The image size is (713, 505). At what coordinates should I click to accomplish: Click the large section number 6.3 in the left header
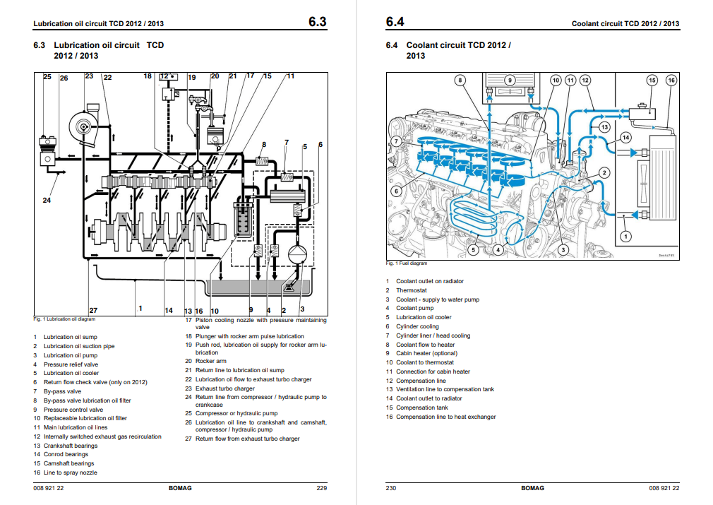click(317, 22)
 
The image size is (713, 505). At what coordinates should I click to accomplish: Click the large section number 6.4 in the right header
click(395, 22)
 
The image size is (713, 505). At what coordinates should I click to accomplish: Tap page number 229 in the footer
click(322, 488)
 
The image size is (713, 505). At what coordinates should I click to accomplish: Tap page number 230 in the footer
click(391, 488)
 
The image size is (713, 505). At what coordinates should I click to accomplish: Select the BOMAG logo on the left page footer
click(180, 488)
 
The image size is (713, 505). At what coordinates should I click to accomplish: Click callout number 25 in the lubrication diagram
click(47, 76)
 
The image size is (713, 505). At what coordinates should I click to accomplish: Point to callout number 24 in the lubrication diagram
click(47, 201)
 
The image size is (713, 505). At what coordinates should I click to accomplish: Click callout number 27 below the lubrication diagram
click(93, 311)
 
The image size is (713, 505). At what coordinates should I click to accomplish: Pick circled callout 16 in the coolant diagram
click(671, 81)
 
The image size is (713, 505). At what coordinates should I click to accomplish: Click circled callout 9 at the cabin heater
click(510, 81)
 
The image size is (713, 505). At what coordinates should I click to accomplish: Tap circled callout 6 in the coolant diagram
click(396, 191)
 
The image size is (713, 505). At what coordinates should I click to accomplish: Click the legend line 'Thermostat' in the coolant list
click(411, 290)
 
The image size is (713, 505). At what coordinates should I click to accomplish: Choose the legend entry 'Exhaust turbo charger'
click(225, 388)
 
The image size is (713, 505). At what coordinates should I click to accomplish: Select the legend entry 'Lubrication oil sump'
click(71, 337)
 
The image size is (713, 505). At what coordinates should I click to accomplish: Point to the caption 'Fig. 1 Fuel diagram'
click(407, 263)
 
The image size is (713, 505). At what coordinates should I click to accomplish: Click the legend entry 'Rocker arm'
click(210, 361)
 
